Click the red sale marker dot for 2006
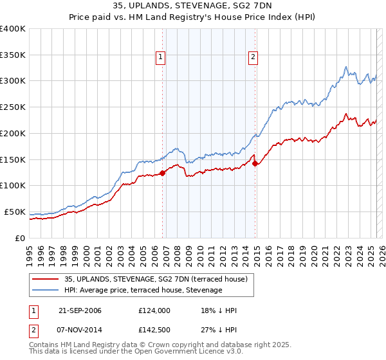[x=162, y=172]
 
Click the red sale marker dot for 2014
[x=255, y=163]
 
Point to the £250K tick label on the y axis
[x=12, y=107]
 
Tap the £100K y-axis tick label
[x=12, y=185]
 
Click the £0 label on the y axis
[x=19, y=238]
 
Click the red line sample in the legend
[x=45, y=279]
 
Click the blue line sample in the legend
[x=45, y=291]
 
